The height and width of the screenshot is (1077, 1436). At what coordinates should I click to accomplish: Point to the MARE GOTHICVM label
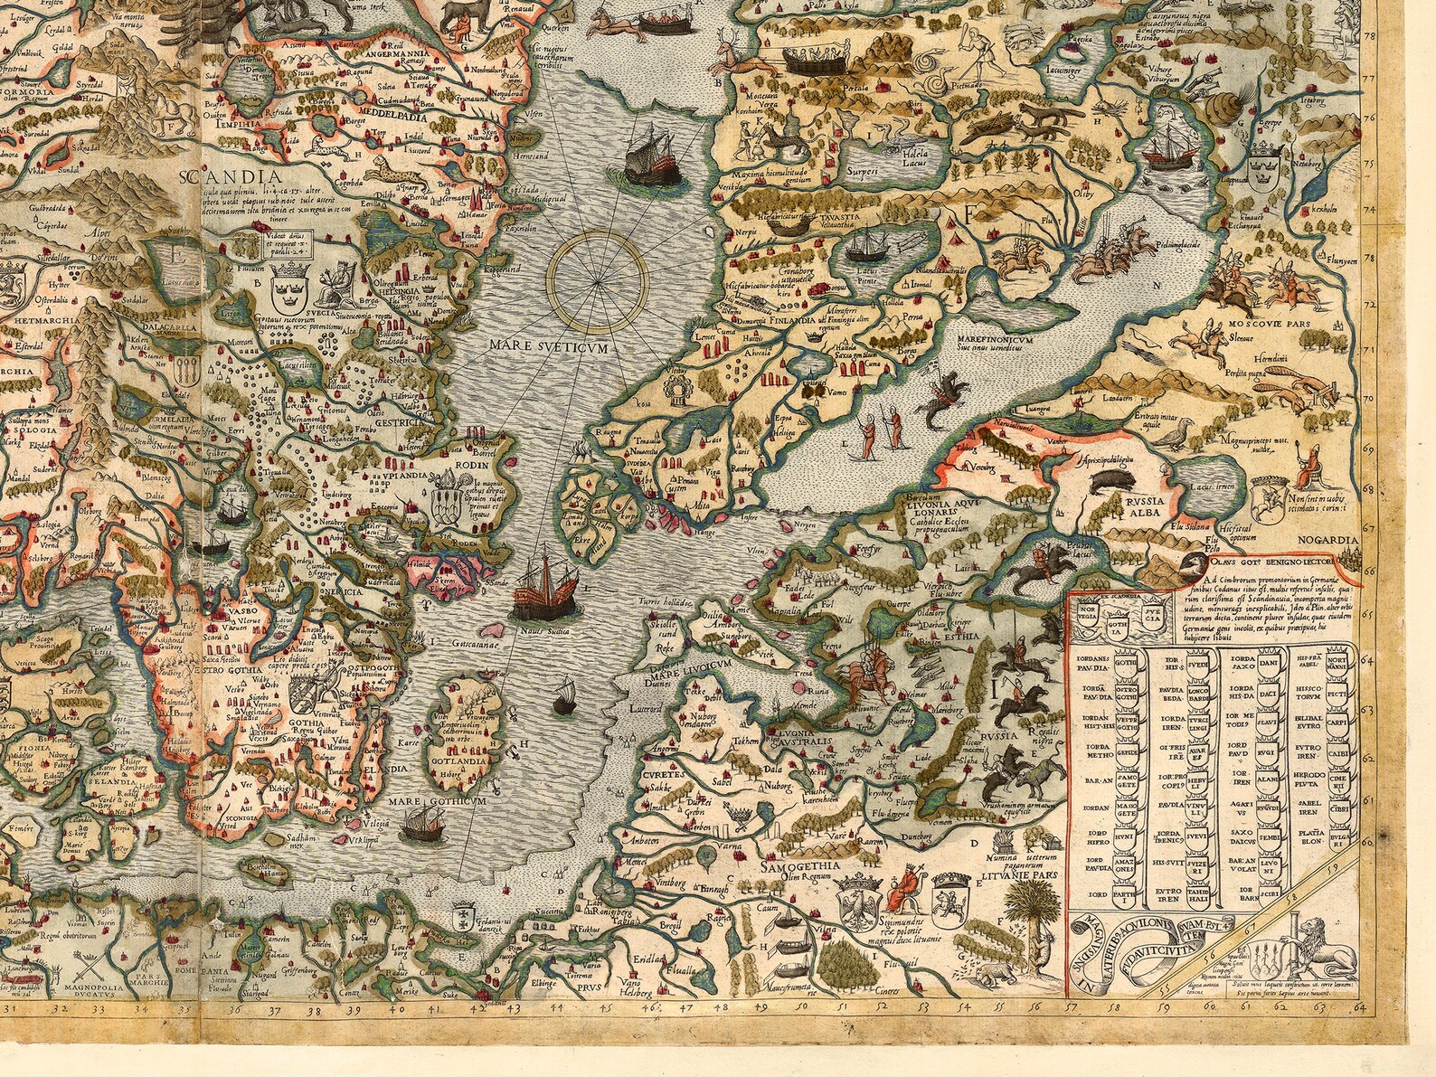click(439, 801)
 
